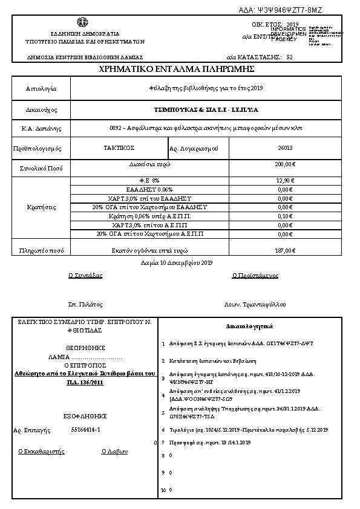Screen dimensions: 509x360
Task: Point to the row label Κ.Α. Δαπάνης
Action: pos(41,129)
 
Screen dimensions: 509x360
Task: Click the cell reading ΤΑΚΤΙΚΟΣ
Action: pos(119,148)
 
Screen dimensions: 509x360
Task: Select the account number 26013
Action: pos(285,148)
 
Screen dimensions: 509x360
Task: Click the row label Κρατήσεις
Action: pos(41,207)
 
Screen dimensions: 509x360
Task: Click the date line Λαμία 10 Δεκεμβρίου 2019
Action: pos(173,263)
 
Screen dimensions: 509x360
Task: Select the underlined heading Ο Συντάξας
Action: pos(85,276)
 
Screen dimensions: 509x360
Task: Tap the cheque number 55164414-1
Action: pos(85,430)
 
